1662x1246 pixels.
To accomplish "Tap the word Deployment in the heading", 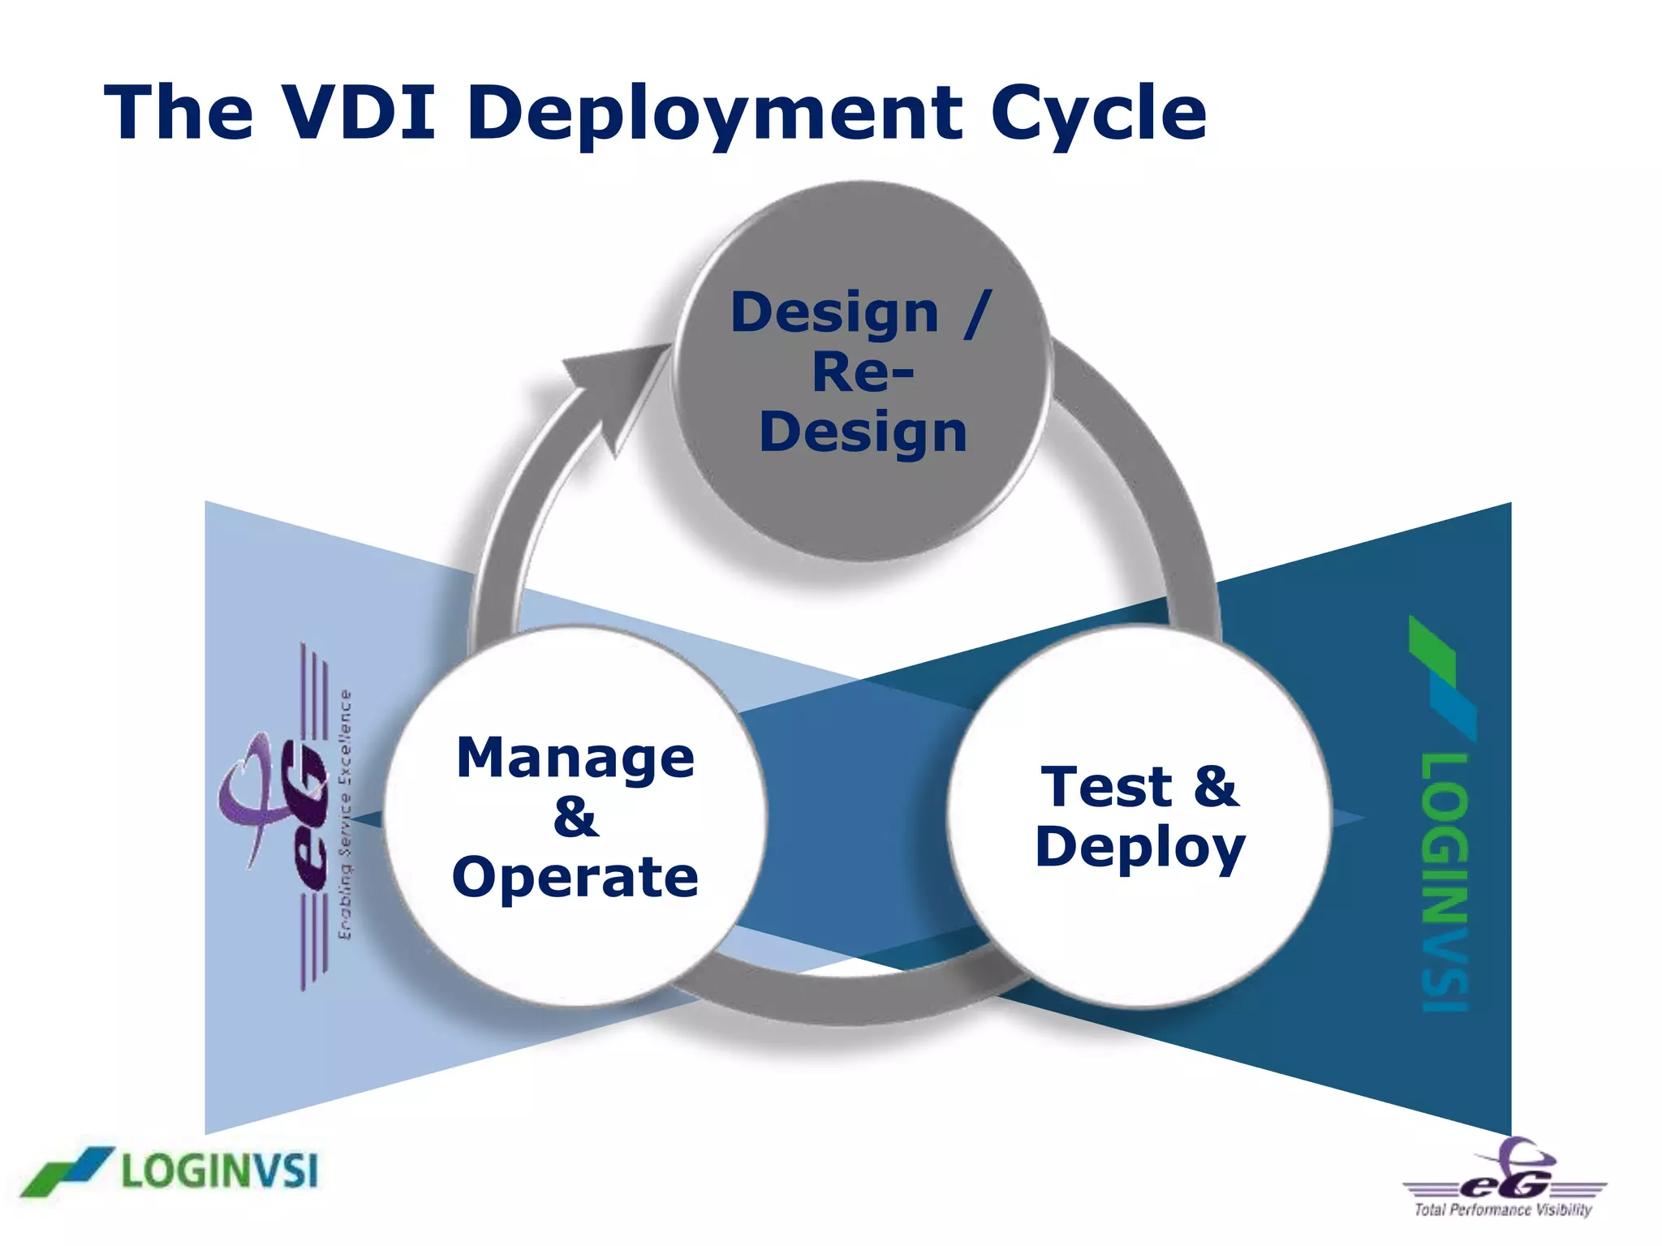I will (715, 114).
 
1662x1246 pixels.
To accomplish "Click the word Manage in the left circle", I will (575, 759).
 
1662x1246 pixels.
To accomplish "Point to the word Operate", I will (575, 878).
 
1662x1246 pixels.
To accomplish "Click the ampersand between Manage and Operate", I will (575, 818).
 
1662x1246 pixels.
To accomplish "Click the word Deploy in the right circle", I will (1140, 849).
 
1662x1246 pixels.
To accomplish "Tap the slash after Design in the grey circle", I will (978, 313).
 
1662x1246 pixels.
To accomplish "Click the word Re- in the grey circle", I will (863, 373).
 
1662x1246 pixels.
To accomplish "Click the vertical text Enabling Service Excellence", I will (345, 815).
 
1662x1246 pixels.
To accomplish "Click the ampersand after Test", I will (1215, 787).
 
